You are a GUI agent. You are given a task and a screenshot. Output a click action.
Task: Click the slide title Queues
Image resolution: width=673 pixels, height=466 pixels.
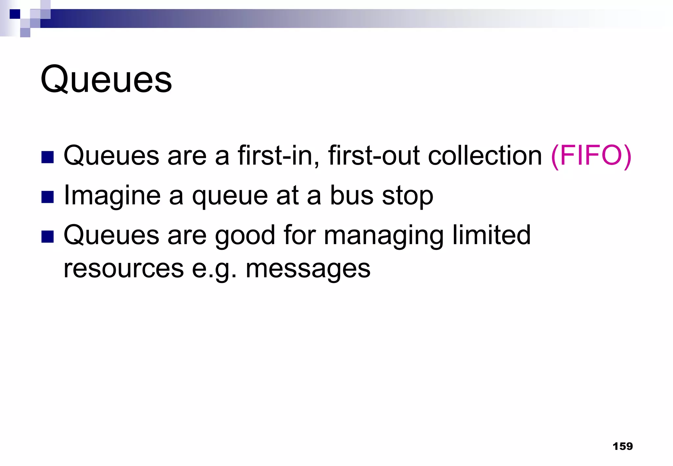click(x=106, y=80)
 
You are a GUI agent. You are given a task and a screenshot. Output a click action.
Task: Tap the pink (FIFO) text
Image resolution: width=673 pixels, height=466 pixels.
click(x=591, y=156)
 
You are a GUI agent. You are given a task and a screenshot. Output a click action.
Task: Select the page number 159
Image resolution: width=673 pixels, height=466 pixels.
click(x=622, y=446)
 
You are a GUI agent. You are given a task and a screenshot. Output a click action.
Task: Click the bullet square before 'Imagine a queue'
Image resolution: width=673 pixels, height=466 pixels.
click(x=48, y=197)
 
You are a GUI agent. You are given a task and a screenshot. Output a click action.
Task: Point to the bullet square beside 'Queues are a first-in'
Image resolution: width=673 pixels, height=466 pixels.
click(x=48, y=157)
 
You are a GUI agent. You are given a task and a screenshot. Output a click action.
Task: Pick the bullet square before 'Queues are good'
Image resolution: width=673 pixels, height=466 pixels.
click(x=48, y=237)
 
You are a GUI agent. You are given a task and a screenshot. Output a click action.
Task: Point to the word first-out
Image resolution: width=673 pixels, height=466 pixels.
click(x=374, y=156)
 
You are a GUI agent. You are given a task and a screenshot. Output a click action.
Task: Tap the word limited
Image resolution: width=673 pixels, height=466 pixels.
click(x=491, y=235)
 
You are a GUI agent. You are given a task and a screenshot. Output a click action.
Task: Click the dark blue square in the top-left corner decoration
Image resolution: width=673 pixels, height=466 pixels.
click(x=15, y=14)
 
